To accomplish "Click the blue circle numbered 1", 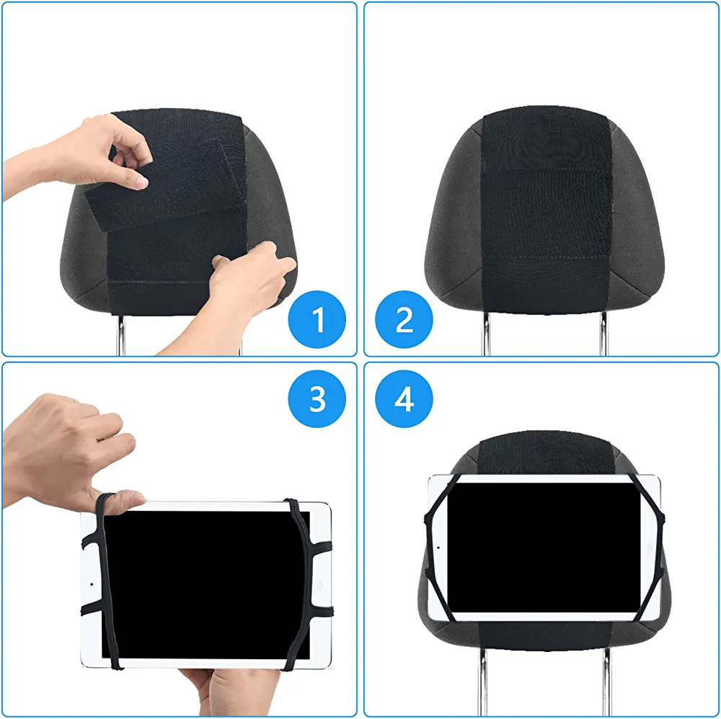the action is (317, 319).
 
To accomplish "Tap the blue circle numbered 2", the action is (404, 319).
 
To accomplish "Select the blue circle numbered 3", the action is (317, 399).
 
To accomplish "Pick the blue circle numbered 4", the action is (404, 399).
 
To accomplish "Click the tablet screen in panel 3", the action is (205, 584).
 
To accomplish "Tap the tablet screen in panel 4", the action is (544, 548).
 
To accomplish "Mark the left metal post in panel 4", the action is (482, 682).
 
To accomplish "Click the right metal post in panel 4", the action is (608, 682).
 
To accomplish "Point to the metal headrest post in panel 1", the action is (120, 336).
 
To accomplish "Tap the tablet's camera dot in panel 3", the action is (92, 584).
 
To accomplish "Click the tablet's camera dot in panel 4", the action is (438, 548).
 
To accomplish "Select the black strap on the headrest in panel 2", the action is (547, 211).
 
